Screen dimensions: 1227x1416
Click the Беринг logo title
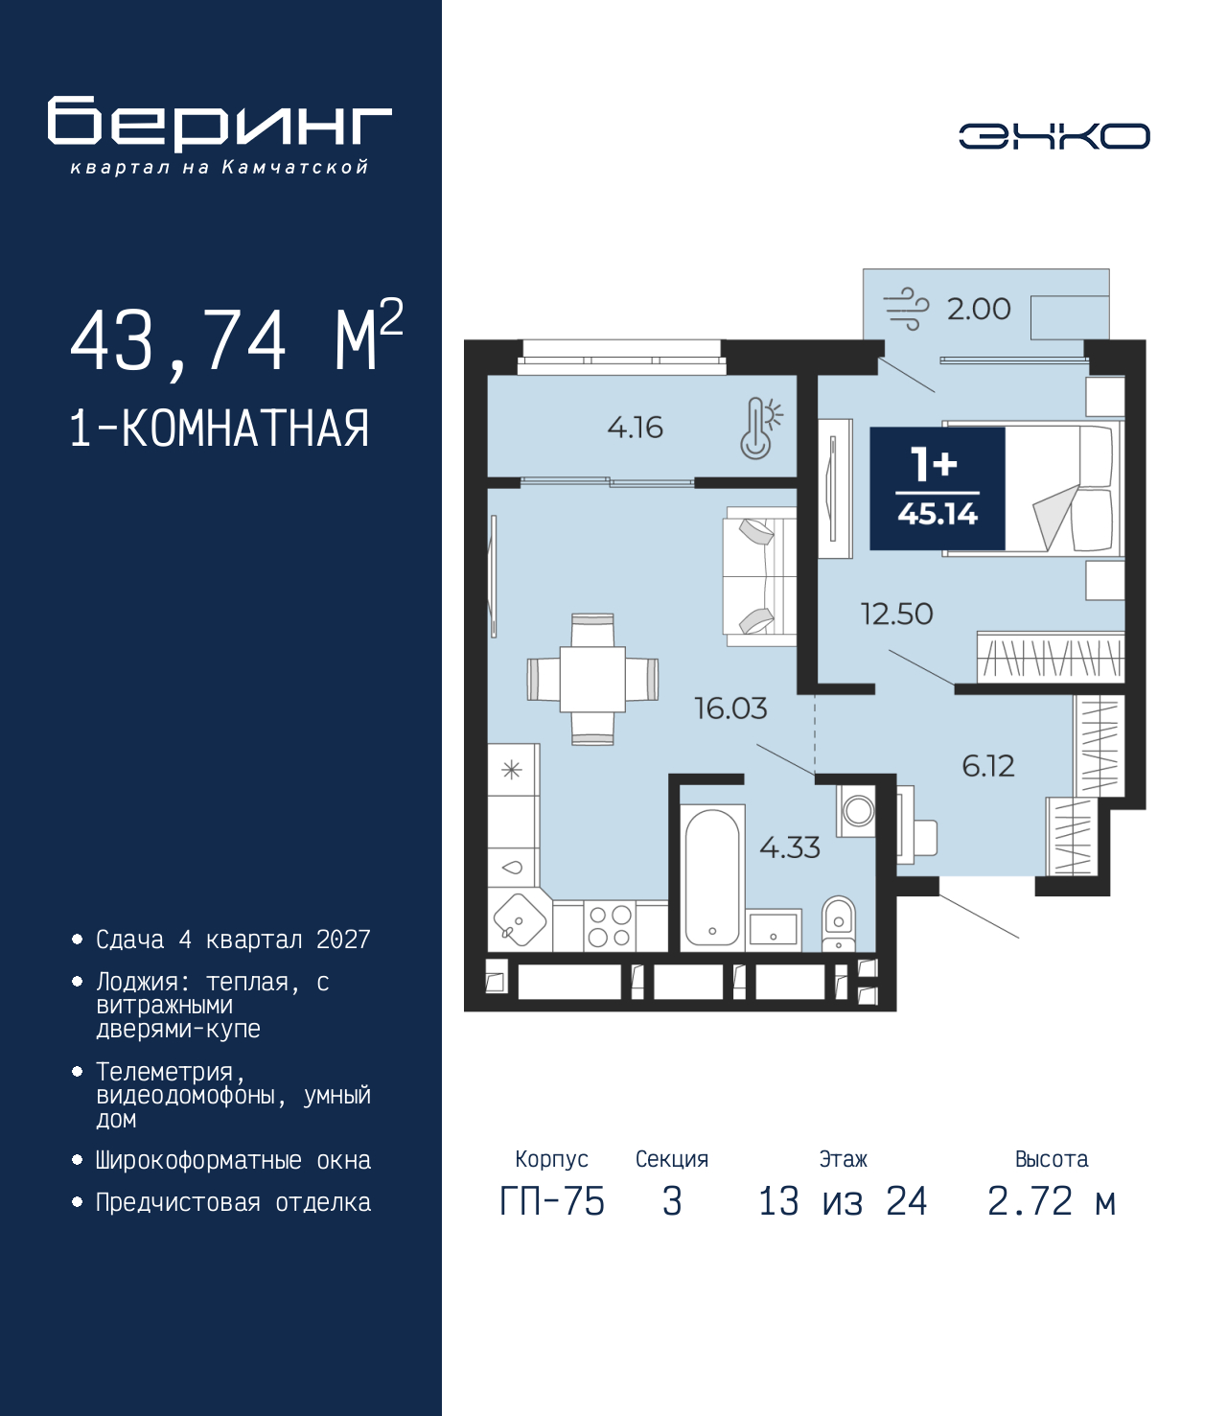220,124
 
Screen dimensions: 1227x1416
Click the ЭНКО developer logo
1053,135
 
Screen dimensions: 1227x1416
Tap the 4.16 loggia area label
636,428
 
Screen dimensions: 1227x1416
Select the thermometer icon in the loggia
760,428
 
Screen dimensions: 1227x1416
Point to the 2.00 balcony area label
979,309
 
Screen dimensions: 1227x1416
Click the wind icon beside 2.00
906,309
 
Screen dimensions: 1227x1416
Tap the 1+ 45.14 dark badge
938,488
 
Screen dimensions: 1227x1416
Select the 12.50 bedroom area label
897,614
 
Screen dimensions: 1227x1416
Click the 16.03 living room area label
731,708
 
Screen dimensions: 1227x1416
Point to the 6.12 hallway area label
988,766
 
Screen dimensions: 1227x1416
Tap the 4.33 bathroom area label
790,848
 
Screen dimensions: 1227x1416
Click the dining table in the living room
592,679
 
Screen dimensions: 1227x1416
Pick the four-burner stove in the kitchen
611,925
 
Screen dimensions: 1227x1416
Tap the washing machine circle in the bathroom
857,812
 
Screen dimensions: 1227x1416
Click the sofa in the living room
760,576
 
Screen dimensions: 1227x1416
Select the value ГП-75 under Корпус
551,1202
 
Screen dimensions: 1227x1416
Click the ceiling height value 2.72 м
1052,1202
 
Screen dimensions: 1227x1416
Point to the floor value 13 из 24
843,1202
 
